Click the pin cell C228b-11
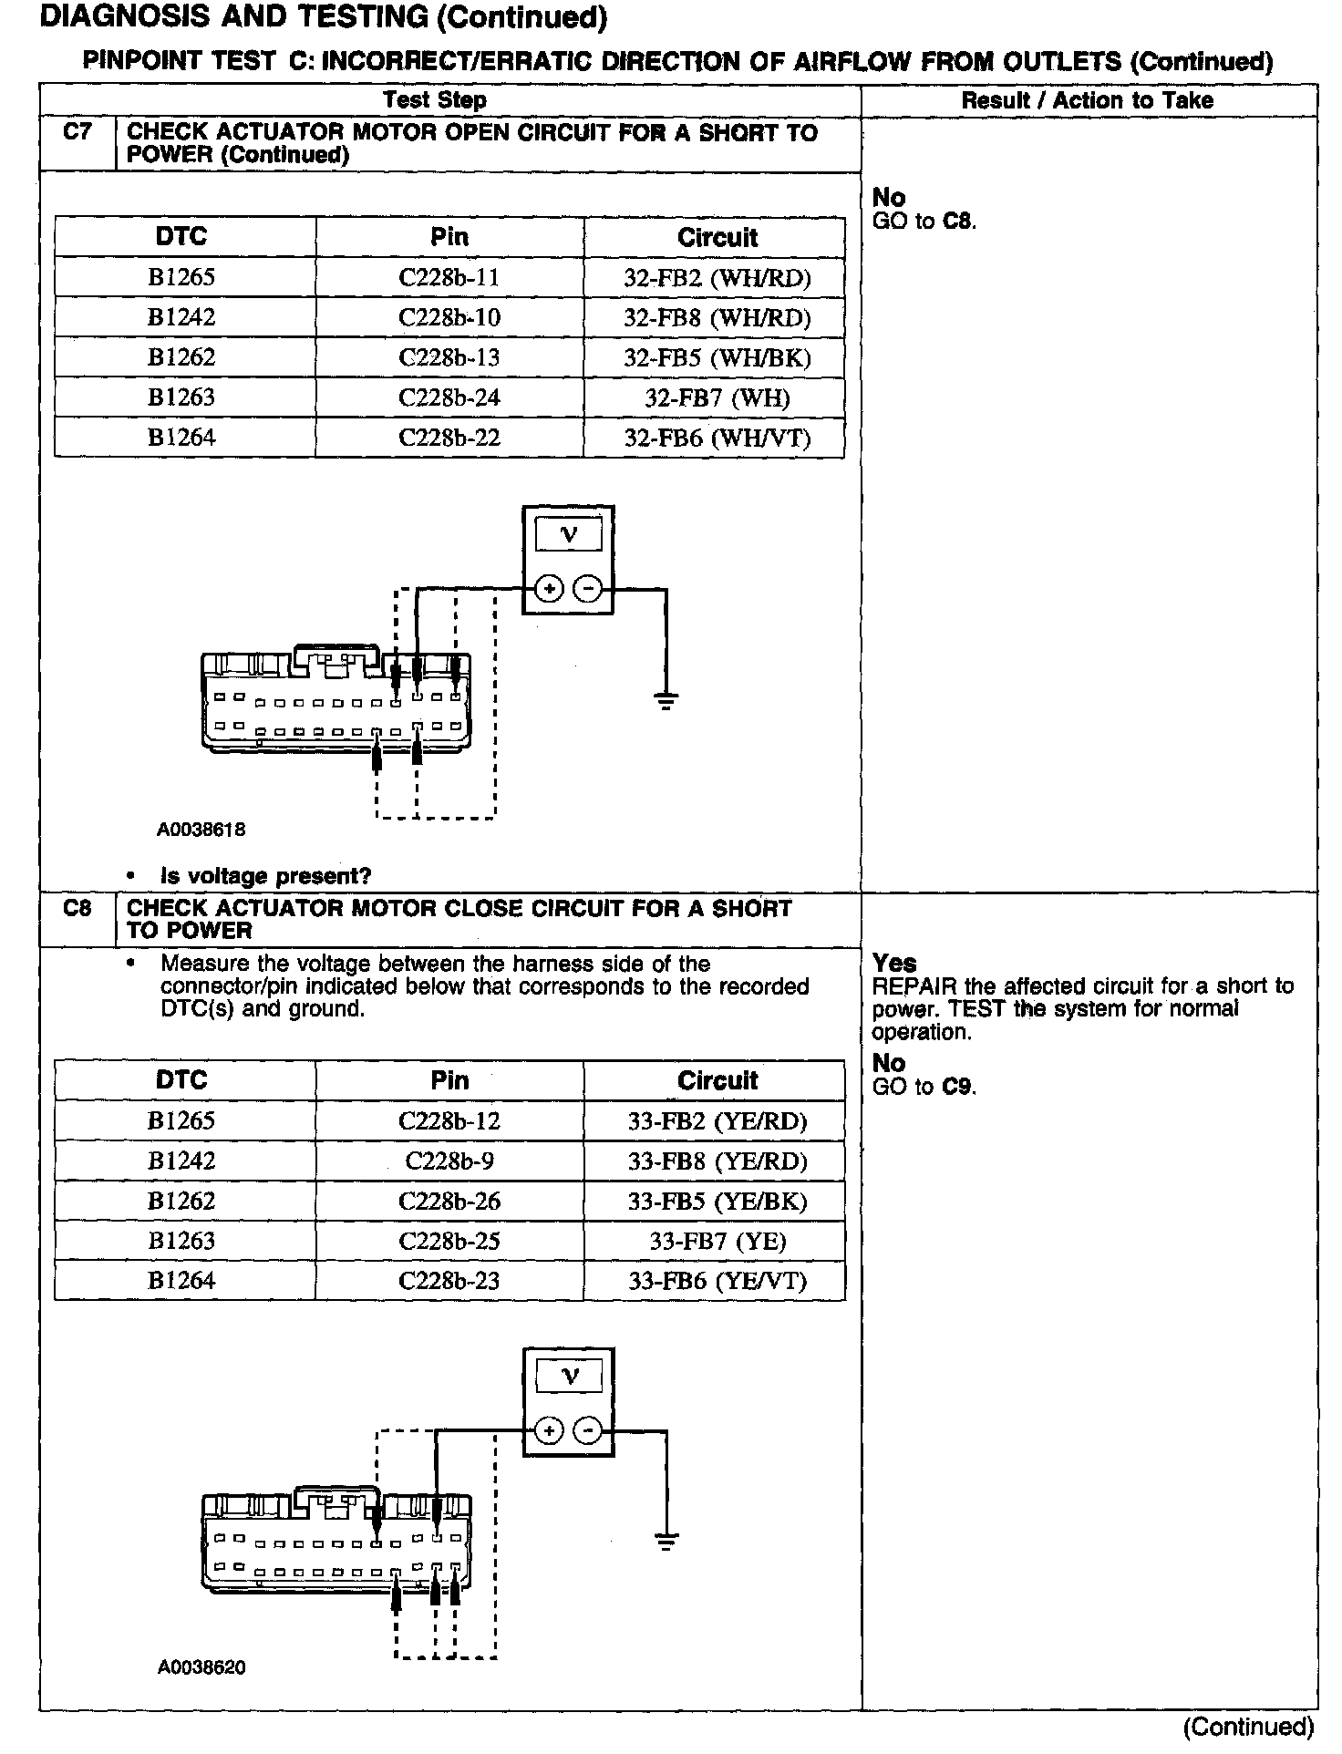tap(449, 278)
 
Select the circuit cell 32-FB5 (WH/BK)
tap(717, 358)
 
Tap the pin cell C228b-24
tap(449, 398)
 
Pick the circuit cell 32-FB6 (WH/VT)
tap(717, 438)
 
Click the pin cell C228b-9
tap(449, 1161)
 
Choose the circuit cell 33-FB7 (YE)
tap(717, 1242)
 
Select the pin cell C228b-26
tap(449, 1202)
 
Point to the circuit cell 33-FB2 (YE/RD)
tap(717, 1121)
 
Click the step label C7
tap(77, 132)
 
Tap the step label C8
tap(77, 908)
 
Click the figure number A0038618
tap(201, 831)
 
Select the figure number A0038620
tap(201, 1668)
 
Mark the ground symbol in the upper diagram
tap(666, 701)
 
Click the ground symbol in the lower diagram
tap(666, 1543)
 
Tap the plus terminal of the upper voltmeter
tap(548, 589)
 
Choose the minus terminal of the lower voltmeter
tap(589, 1431)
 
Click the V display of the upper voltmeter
tap(569, 535)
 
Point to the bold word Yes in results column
tap(894, 963)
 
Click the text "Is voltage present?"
tap(265, 877)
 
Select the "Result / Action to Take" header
tap(1088, 100)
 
